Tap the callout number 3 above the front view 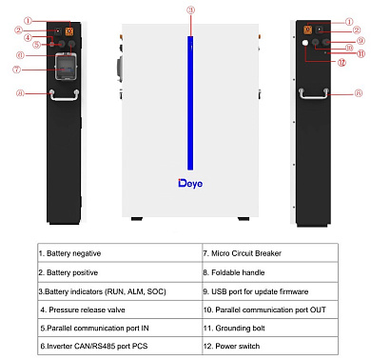tap(190, 10)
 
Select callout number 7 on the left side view tap(30, 70)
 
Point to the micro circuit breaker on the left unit tap(66, 66)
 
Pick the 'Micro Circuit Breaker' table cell tap(268, 254)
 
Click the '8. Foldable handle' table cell tap(268, 271)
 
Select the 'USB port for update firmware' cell tap(268, 290)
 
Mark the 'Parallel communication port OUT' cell tap(268, 309)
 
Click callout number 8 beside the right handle tap(358, 93)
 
